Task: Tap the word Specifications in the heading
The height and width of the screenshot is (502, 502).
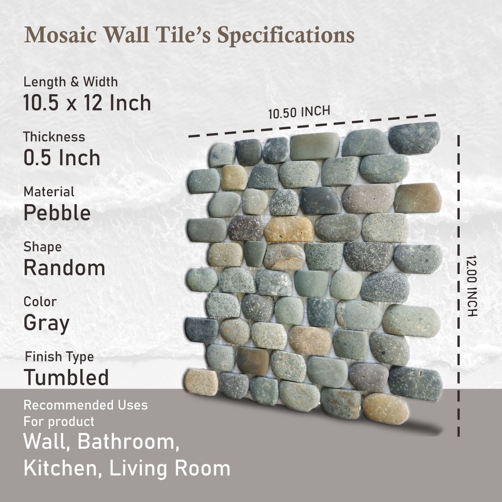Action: [x=286, y=36]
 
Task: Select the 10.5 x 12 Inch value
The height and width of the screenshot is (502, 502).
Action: [x=87, y=103]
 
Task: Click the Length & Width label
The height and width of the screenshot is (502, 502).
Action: [x=70, y=82]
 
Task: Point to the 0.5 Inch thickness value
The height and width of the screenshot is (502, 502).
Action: [x=61, y=158]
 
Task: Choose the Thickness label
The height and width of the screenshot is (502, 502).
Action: [x=54, y=137]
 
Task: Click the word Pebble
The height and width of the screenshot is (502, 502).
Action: [x=57, y=213]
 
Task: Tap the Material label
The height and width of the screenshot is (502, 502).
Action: [x=49, y=192]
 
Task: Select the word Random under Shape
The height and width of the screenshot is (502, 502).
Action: [x=64, y=268]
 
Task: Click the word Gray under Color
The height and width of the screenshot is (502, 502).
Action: [x=46, y=323]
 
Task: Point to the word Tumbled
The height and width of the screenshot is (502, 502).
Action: [x=66, y=377]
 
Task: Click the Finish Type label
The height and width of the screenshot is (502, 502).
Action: [x=59, y=357]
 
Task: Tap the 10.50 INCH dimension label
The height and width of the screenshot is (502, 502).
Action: [x=299, y=112]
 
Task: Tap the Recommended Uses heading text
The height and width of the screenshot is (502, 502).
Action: [x=85, y=405]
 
